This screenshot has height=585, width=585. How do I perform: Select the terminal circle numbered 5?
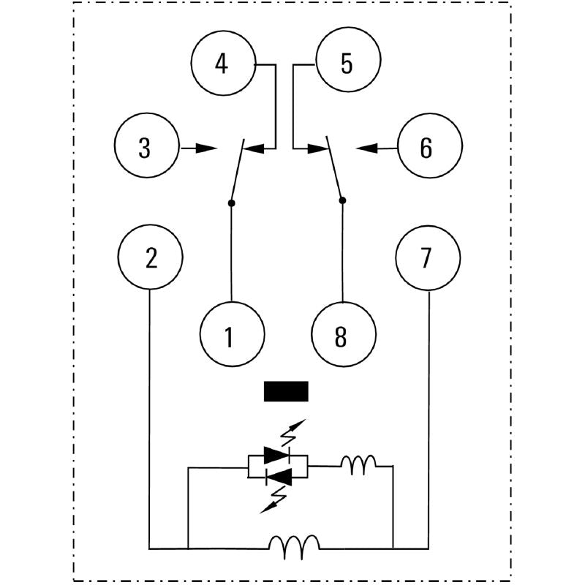click(x=346, y=64)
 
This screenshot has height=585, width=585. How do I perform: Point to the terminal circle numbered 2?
click(x=151, y=258)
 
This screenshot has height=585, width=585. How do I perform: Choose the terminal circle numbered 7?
click(x=428, y=258)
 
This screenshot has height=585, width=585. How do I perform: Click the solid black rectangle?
click(x=286, y=392)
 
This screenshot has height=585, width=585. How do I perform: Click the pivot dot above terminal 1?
click(x=232, y=202)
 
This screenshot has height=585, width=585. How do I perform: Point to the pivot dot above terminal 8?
click(x=342, y=199)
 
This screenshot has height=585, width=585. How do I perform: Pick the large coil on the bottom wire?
click(x=294, y=545)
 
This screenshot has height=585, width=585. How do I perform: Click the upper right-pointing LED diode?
click(x=278, y=456)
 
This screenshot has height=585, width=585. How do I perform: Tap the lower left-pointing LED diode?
click(x=278, y=477)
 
